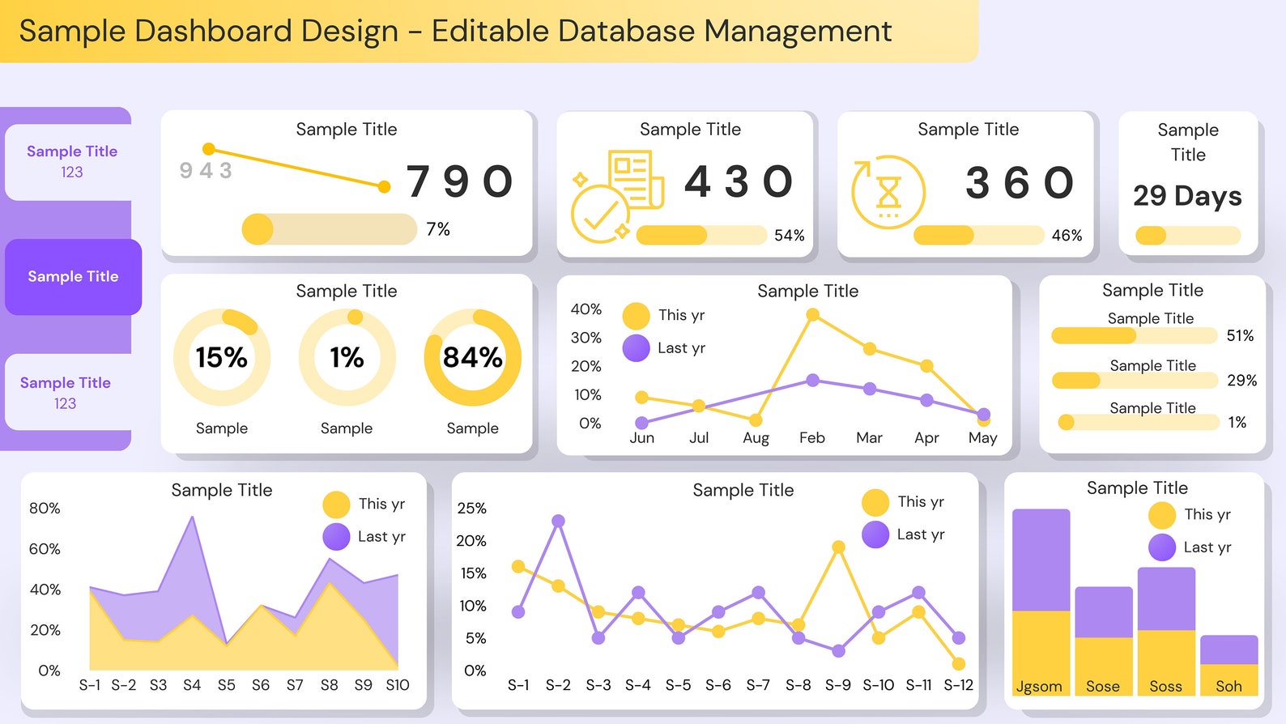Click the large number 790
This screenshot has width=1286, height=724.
coord(459,181)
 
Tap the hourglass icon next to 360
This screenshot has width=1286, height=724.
coord(888,192)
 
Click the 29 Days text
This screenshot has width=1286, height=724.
coord(1187,196)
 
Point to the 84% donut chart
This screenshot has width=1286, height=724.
coord(472,357)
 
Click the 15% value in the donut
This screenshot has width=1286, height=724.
coord(221,357)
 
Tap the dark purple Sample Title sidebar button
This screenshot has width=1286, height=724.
coord(73,277)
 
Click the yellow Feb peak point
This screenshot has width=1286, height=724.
coord(812,316)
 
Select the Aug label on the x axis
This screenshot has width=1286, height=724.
coord(756,438)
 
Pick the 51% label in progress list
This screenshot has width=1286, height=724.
coord(1239,335)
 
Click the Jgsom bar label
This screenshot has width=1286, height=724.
coord(1039,687)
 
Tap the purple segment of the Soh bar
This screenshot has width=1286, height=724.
coord(1229,649)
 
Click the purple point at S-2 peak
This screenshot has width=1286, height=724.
coord(558,521)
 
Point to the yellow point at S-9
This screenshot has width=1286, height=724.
coord(838,547)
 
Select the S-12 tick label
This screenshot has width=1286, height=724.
coord(958,685)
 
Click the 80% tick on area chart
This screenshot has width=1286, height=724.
coord(45,509)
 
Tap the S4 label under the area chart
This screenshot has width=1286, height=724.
coord(192,685)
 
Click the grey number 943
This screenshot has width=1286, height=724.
coord(206,171)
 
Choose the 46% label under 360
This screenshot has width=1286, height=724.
coord(1067,236)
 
